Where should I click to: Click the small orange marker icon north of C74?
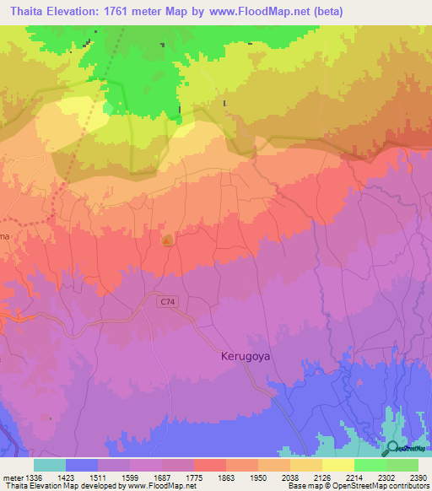(x=167, y=240)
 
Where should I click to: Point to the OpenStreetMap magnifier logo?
(x=391, y=448)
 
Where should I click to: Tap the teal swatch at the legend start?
(x=50, y=465)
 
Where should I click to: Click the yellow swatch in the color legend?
(x=337, y=465)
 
